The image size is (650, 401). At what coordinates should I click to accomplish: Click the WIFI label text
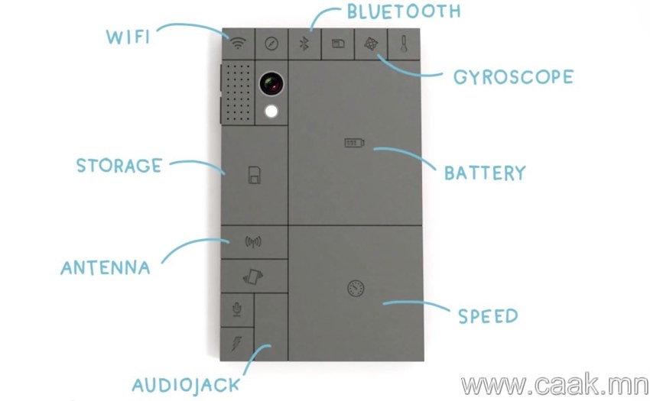click(128, 37)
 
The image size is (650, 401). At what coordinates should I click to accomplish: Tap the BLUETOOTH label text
click(404, 11)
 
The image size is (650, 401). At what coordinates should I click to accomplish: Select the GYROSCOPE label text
click(514, 77)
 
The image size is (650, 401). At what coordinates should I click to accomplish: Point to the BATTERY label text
click(485, 173)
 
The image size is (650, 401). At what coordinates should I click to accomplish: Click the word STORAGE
click(119, 166)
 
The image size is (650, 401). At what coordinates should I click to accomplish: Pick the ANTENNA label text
click(106, 267)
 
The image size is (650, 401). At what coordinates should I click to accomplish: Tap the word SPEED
click(489, 316)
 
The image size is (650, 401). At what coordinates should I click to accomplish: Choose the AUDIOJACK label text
click(186, 385)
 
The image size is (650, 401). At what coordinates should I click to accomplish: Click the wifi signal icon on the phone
click(238, 43)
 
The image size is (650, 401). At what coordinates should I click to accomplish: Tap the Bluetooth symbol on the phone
click(304, 44)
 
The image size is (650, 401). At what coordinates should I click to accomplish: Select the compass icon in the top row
click(271, 44)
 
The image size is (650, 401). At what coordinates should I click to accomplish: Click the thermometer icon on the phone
click(404, 44)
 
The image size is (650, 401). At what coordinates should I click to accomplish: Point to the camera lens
click(271, 84)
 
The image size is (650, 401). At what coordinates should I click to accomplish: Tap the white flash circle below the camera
click(271, 111)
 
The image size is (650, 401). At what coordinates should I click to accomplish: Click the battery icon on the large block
click(354, 143)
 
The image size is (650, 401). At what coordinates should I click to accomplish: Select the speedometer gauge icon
click(356, 288)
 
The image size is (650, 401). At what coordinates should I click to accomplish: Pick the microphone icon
click(237, 309)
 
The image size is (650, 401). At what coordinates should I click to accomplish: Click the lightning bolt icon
click(237, 344)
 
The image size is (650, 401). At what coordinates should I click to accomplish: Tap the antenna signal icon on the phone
click(253, 242)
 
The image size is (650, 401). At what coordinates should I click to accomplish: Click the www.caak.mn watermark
click(554, 385)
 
